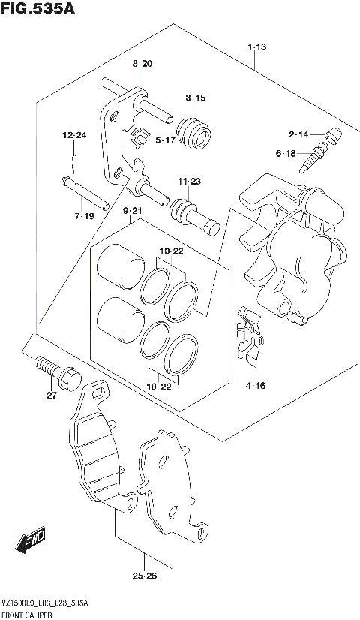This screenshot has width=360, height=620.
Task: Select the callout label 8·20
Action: [x=142, y=65]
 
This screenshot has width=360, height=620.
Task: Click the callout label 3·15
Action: [x=195, y=98]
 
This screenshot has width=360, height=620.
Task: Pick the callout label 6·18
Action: [x=287, y=154]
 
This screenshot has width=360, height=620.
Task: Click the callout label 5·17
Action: [x=165, y=140]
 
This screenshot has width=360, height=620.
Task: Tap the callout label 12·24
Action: [x=75, y=136]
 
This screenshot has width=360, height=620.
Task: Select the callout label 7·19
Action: [x=84, y=216]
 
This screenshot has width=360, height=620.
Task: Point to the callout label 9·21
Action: [x=132, y=211]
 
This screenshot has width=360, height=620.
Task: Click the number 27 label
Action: [x=51, y=396]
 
